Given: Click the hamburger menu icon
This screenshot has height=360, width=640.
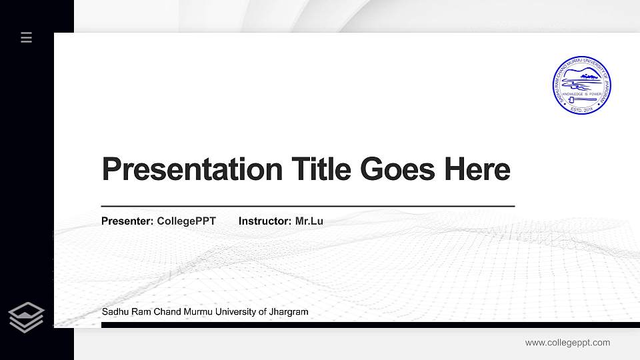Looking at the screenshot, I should [x=27, y=37].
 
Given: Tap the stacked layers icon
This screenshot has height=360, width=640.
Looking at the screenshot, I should [x=27, y=317].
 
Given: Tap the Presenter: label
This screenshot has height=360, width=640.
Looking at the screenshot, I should [x=128, y=221].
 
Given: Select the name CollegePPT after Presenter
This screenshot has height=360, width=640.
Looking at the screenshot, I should [x=187, y=221].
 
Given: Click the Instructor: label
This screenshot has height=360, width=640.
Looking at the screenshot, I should [x=265, y=221].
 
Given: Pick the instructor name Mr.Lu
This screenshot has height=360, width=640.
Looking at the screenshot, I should [x=309, y=221].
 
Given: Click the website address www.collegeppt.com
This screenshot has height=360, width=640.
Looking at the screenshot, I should [x=567, y=343].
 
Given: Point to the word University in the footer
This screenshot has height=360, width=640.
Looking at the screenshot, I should [x=233, y=312].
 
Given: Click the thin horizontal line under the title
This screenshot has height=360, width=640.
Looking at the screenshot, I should [x=307, y=207].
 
